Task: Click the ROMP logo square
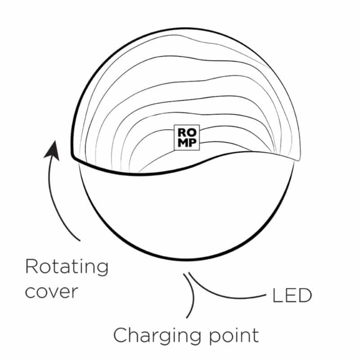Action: (x=187, y=138)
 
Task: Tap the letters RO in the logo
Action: (x=187, y=132)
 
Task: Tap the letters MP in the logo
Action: (x=187, y=143)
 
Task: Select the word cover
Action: (x=52, y=292)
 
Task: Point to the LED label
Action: (x=292, y=296)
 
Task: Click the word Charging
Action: (x=157, y=336)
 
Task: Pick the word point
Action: (x=234, y=336)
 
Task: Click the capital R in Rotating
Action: (x=31, y=266)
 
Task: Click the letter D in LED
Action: (x=305, y=296)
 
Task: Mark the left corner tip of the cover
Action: (x=72, y=157)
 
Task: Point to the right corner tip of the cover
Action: (x=299, y=159)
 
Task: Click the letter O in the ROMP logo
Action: (x=192, y=132)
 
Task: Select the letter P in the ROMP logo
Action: (x=193, y=143)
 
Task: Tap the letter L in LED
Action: (x=277, y=296)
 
